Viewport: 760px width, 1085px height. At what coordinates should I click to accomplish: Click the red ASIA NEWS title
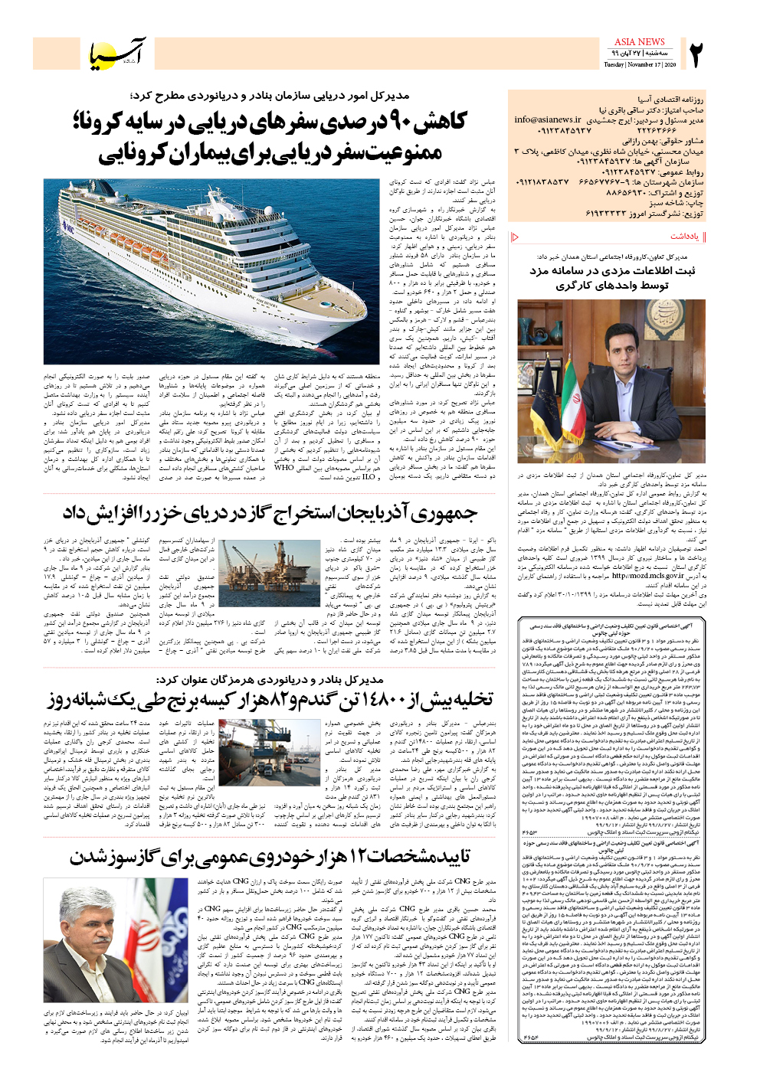[639, 41]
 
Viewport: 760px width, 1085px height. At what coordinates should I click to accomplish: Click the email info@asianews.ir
[548, 119]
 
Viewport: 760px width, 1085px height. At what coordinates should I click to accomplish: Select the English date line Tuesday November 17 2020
[639, 65]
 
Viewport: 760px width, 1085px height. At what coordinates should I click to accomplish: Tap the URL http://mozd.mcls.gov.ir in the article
[647, 575]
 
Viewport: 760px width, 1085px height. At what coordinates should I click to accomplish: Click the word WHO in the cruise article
[283, 467]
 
